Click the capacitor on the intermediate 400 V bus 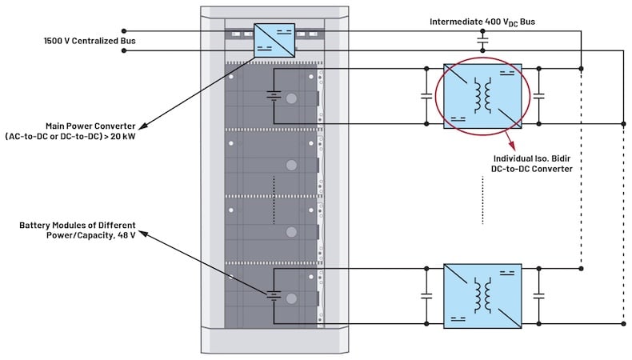click(x=483, y=38)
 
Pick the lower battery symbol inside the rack click(x=274, y=296)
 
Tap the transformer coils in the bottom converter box click(x=482, y=295)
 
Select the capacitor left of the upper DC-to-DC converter click(x=426, y=96)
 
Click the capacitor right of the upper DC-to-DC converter click(x=540, y=96)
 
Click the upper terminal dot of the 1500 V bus click(x=123, y=32)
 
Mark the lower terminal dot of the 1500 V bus click(x=123, y=50)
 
